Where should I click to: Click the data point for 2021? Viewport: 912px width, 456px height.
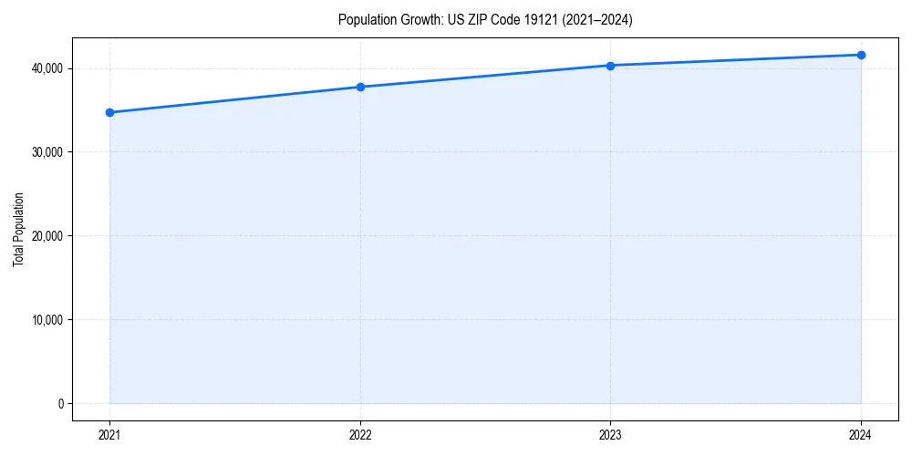[x=109, y=112]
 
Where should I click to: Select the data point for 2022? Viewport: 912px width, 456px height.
[x=360, y=87]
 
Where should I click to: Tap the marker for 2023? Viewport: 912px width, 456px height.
[x=610, y=66]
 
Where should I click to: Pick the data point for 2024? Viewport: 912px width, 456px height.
[x=861, y=55]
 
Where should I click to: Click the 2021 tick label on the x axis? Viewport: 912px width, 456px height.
[x=109, y=435]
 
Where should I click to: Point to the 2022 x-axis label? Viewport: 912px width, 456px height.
[x=360, y=435]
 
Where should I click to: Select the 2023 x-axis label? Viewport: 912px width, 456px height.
[x=610, y=435]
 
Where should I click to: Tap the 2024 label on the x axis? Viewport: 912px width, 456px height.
[x=861, y=435]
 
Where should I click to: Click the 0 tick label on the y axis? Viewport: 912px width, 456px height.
[x=59, y=404]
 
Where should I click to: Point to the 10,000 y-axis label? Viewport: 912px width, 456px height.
[x=46, y=320]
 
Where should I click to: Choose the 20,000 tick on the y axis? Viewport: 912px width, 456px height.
[x=46, y=236]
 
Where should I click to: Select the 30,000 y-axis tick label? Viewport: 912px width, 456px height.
[x=46, y=152]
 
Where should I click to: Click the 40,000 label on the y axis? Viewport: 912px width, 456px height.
[x=46, y=68]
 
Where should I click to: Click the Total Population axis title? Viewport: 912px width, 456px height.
[x=18, y=229]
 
